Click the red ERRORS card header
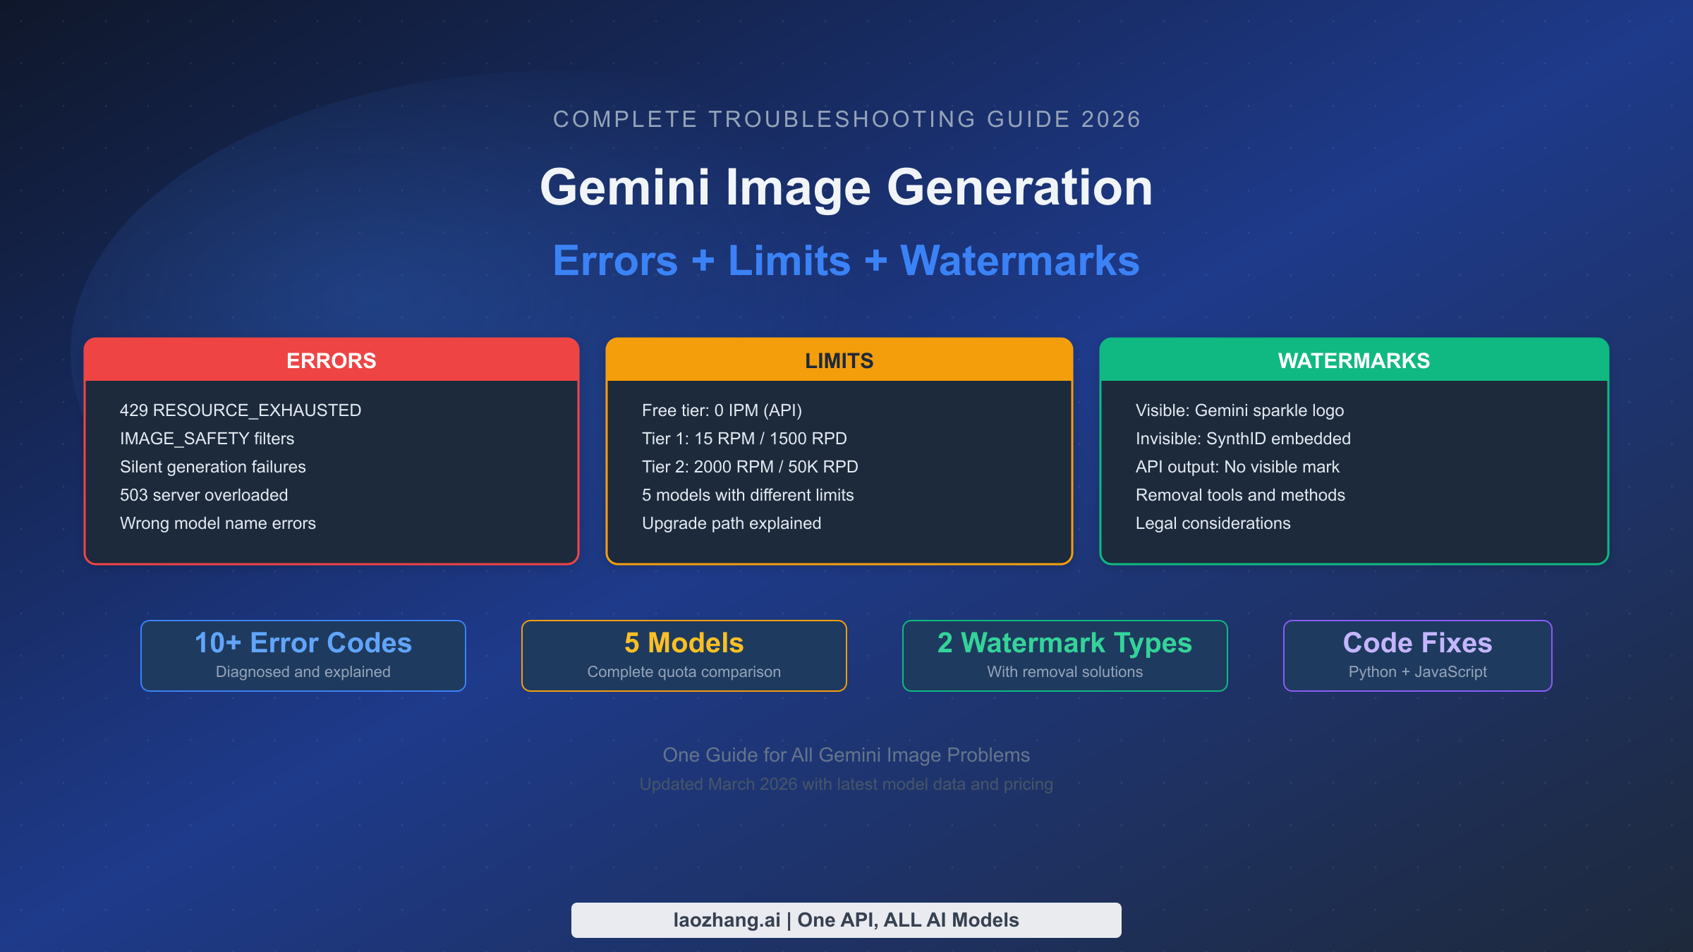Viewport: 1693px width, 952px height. pos(332,360)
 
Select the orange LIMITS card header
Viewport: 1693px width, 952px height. pos(839,360)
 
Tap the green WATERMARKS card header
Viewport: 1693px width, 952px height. pos(1354,360)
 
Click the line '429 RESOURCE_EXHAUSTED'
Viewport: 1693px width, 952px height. pos(241,410)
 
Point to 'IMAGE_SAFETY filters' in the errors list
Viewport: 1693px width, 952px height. pos(207,439)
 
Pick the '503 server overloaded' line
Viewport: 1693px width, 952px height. pos(204,495)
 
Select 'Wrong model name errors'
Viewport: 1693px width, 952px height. pos(218,523)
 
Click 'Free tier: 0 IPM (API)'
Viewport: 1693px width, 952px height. pos(722,410)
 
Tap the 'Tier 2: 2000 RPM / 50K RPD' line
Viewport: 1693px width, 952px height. pos(750,467)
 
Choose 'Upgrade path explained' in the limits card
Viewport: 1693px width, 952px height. pos(732,523)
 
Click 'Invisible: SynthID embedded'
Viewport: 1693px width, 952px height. pos(1243,439)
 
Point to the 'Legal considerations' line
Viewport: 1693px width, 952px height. pos(1213,523)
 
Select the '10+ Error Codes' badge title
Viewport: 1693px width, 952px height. pos(303,642)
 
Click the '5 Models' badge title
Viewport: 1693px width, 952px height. pos(684,642)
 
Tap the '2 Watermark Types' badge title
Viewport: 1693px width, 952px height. pos(1065,643)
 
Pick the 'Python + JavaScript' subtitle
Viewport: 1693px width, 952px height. pos(1418,672)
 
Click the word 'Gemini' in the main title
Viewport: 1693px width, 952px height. pos(625,188)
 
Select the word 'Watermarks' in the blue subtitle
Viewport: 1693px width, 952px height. pos(1020,261)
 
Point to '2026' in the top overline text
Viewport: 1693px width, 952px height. pos(1111,119)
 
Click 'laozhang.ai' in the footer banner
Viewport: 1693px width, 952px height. pos(727,920)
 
